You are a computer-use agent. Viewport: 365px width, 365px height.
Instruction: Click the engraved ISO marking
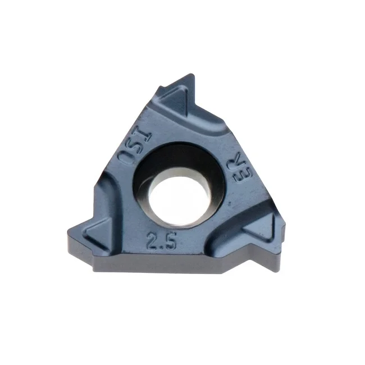(135, 145)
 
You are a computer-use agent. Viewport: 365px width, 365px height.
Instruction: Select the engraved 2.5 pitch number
(161, 240)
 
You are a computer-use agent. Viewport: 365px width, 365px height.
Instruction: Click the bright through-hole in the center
(179, 197)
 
